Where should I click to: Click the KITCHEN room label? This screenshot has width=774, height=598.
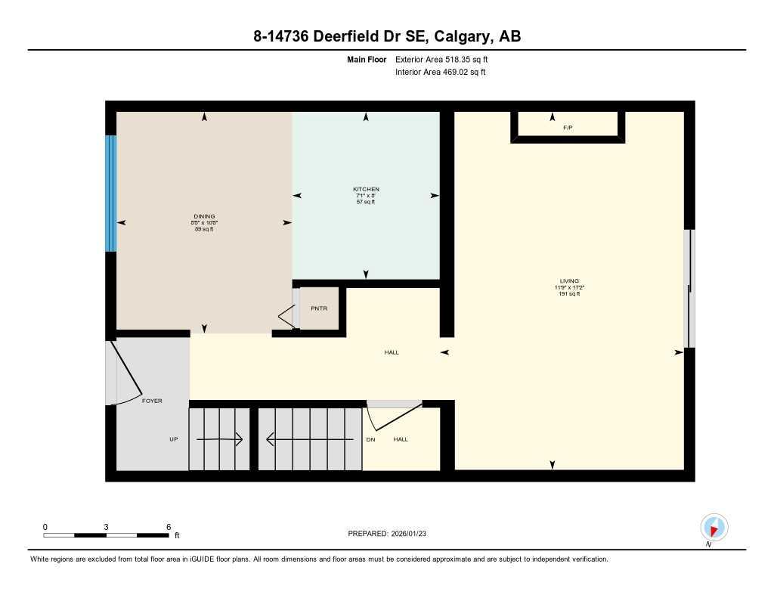pos(366,189)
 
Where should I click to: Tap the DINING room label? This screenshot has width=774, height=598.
pos(203,216)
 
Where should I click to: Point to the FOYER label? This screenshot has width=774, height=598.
pos(152,401)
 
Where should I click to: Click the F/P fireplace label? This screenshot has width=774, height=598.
pos(568,128)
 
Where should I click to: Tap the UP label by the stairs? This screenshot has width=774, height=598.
pos(173,439)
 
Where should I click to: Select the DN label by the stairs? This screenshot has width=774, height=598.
pos(370,439)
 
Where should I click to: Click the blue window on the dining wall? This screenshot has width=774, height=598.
pos(111,194)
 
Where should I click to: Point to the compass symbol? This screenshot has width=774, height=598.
pos(714,527)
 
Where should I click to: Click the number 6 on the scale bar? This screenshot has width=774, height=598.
pos(169,527)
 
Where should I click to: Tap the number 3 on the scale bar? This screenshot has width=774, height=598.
pos(107,527)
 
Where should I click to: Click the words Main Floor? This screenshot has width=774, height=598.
pos(367,59)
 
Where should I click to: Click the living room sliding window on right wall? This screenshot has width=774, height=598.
pos(688,288)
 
